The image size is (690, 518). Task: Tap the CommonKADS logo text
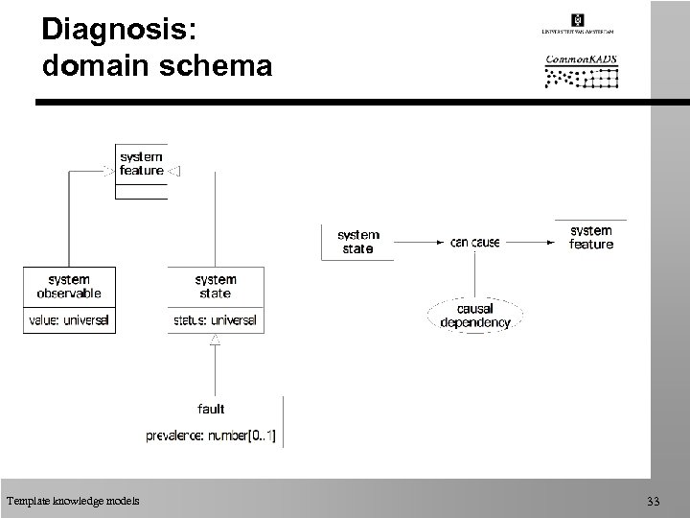pos(581,59)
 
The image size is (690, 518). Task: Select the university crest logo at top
pos(578,20)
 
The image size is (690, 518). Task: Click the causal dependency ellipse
pos(474,316)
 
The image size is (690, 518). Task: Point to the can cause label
pos(474,243)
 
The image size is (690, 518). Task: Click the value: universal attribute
pos(69,319)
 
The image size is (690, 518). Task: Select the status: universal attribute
pos(216,319)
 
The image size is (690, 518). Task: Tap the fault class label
pos(211,409)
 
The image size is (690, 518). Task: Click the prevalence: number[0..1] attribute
pos(211,436)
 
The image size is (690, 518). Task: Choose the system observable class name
pos(69,286)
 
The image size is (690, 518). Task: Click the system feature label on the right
pos(591,237)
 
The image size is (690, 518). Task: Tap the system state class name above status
pos(216,286)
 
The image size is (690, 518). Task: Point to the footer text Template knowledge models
pos(72,500)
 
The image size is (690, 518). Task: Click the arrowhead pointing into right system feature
pos(550,243)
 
